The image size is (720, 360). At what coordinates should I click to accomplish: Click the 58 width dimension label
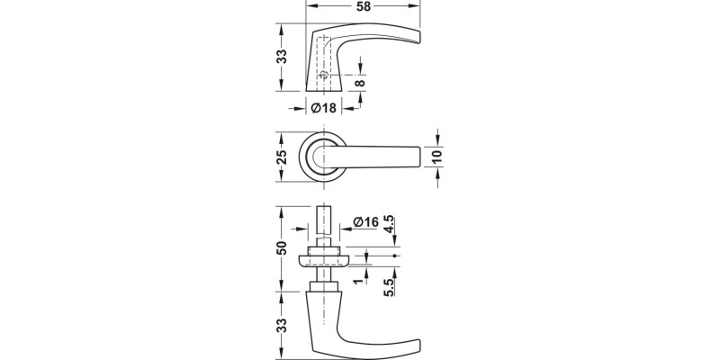(x=364, y=8)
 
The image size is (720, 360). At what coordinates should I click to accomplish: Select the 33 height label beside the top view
(x=282, y=57)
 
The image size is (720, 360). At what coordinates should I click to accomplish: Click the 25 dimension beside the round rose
(x=282, y=157)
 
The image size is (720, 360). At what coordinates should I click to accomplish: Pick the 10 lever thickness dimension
(x=437, y=157)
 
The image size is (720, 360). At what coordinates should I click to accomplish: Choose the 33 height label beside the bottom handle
(x=282, y=325)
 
